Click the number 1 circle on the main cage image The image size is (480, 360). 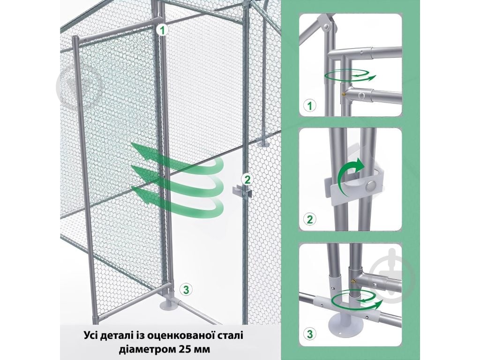[x=162, y=30]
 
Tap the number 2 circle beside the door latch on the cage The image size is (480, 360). [x=247, y=179]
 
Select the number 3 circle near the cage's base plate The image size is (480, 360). [x=187, y=290]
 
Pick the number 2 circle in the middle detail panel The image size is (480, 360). [x=309, y=219]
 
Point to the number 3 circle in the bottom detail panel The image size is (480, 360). [x=309, y=334]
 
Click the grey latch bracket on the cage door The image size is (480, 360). [x=242, y=191]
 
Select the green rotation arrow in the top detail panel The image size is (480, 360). [x=351, y=75]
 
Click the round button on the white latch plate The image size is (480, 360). [x=371, y=185]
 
